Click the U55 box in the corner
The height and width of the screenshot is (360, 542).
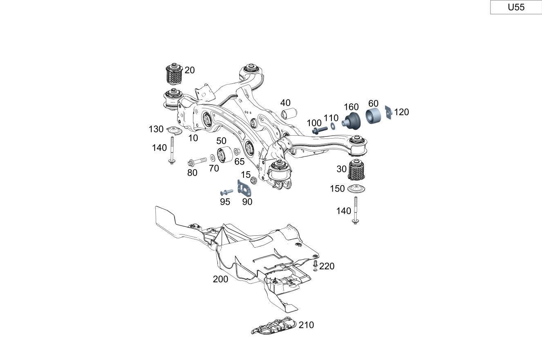click(516, 7)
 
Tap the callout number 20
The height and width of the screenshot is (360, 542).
click(190, 70)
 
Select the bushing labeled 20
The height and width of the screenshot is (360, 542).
click(173, 74)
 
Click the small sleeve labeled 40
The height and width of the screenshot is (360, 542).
click(289, 114)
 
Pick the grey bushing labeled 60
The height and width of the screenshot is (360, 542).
click(373, 116)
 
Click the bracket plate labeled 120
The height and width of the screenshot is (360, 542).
click(389, 112)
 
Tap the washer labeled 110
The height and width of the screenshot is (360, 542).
click(333, 126)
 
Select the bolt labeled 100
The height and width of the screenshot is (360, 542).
click(320, 130)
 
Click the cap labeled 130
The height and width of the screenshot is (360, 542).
click(175, 130)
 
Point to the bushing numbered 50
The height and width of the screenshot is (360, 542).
click(224, 155)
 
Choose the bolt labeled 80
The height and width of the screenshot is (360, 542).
click(197, 161)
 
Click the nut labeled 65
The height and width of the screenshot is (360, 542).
click(237, 152)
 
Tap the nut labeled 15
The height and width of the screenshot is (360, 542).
click(253, 180)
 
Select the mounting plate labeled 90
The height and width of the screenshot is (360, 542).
click(244, 188)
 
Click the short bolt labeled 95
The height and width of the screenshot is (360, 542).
click(226, 192)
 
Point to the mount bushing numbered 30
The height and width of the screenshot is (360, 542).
click(356, 170)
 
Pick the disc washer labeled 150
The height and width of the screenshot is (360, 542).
click(356, 188)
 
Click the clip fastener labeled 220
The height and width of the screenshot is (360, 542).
click(315, 266)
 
